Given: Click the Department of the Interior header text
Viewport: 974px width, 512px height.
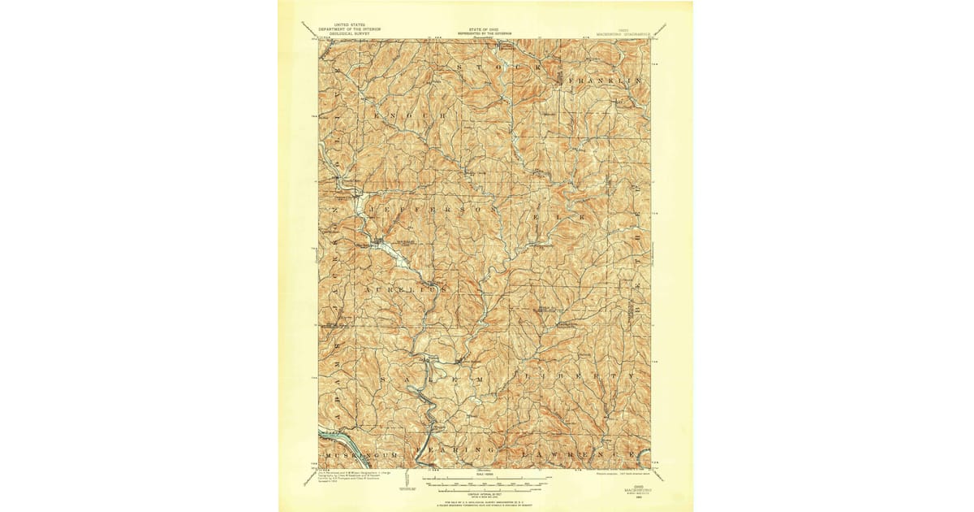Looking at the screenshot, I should coord(349,30).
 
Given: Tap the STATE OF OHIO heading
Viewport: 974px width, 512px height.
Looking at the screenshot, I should coord(485,29).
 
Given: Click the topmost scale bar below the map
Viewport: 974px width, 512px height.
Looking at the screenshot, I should coord(485,479).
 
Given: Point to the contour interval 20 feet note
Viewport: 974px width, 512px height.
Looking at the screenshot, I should coord(485,492).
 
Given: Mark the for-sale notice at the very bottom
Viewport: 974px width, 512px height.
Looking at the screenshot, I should coord(485,503).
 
